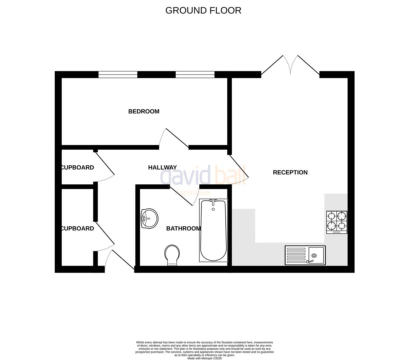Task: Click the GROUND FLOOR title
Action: (203, 10)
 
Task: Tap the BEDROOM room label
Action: (144, 111)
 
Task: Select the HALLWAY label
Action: (162, 167)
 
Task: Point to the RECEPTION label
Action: (290, 172)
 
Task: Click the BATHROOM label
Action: (183, 228)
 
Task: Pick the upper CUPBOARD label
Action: (77, 167)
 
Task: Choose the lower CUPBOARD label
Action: (77, 228)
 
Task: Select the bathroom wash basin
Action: (149, 219)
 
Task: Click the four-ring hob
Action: (337, 222)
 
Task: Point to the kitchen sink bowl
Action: (316, 255)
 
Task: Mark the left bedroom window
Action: (118, 74)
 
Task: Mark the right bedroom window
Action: (195, 74)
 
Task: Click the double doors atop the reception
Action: (290, 65)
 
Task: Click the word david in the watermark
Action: (185, 175)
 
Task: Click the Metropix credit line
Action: (204, 358)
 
